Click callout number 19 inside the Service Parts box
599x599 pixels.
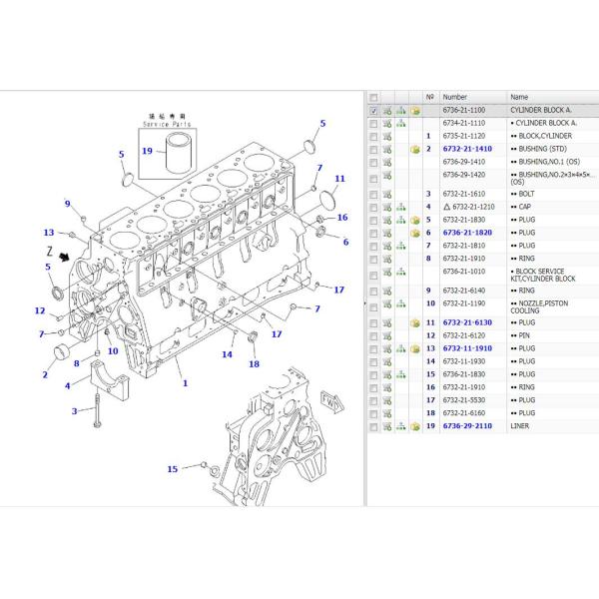[x=147, y=152]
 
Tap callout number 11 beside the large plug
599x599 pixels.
[x=339, y=180]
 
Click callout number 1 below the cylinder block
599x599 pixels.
[x=184, y=380]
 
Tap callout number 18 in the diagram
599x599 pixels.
[x=254, y=363]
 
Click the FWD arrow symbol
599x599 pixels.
[x=326, y=401]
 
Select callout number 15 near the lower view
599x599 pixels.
[x=172, y=468]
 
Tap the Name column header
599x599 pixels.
[x=519, y=97]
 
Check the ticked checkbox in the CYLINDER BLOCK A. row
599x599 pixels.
[x=373, y=112]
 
